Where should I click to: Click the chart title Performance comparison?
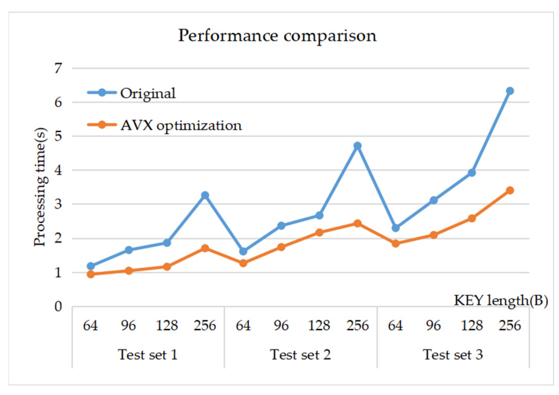(x=277, y=35)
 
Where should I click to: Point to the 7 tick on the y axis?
(x=58, y=68)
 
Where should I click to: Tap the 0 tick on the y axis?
(x=58, y=306)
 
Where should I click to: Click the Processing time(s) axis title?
(x=40, y=187)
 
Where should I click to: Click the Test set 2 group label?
(x=300, y=355)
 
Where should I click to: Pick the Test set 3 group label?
(x=453, y=355)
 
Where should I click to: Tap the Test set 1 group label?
(x=148, y=355)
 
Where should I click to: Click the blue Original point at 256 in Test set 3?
(x=510, y=91)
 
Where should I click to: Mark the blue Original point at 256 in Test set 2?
(x=357, y=146)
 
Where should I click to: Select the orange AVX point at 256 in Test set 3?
(x=510, y=190)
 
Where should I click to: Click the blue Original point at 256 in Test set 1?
(x=205, y=195)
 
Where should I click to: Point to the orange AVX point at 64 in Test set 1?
(x=91, y=274)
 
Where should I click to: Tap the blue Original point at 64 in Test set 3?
(x=395, y=228)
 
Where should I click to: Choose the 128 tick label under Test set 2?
(x=319, y=325)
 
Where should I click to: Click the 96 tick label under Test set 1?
(x=128, y=325)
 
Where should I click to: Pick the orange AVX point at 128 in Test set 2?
(x=319, y=232)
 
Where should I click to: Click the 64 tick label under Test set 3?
(x=395, y=325)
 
